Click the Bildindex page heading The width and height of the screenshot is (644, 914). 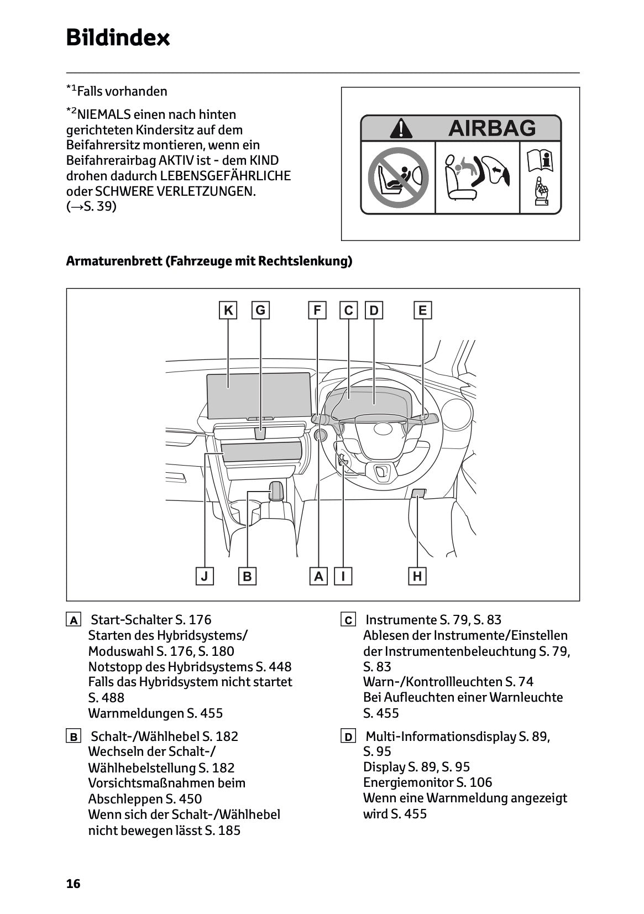[118, 38]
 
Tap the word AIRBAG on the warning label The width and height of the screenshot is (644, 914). [491, 128]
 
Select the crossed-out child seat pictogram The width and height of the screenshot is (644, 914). [398, 177]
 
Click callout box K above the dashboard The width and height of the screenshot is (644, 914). [228, 310]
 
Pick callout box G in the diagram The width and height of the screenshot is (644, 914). [260, 310]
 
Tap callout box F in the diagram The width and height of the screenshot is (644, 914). [317, 310]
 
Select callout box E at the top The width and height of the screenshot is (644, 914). [422, 310]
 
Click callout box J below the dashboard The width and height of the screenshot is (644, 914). [205, 576]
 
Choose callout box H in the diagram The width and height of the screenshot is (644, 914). [417, 576]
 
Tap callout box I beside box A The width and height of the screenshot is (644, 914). [343, 576]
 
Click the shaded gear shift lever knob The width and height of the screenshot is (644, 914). [276, 490]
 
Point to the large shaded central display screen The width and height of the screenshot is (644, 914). [258, 395]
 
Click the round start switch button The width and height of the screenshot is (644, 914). [320, 436]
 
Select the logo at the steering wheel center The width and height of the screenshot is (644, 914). [383, 428]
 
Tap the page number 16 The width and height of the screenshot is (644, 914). [73, 884]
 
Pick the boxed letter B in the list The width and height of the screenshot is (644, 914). [73, 737]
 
